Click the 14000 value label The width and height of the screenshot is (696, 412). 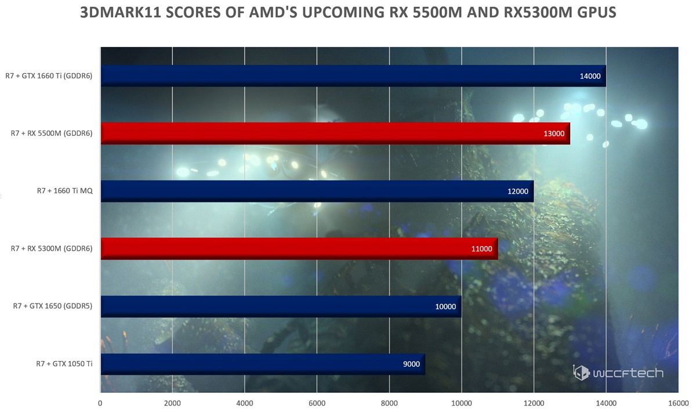[590, 76]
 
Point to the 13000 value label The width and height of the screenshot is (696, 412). [554, 133]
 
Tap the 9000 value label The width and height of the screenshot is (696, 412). [411, 364]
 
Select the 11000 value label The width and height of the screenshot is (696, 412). [481, 249]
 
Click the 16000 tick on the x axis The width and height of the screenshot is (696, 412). [678, 403]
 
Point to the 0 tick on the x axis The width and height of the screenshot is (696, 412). [100, 403]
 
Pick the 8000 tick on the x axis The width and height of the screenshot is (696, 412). [389, 403]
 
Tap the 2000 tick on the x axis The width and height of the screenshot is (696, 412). [172, 403]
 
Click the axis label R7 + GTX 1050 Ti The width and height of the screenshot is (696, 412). [64, 364]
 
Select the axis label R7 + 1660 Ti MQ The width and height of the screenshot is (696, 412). [66, 191]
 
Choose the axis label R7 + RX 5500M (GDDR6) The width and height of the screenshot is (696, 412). [52, 133]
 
